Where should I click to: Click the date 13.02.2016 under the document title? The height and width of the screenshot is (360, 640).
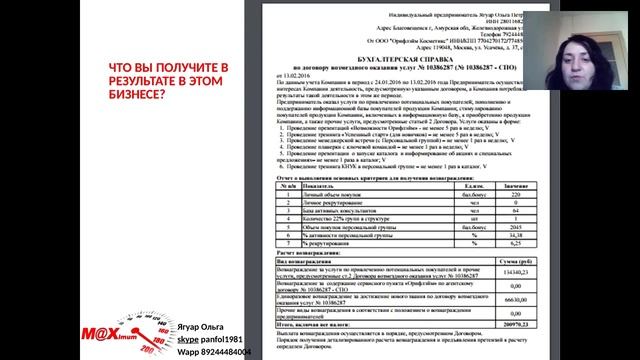(285, 76)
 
